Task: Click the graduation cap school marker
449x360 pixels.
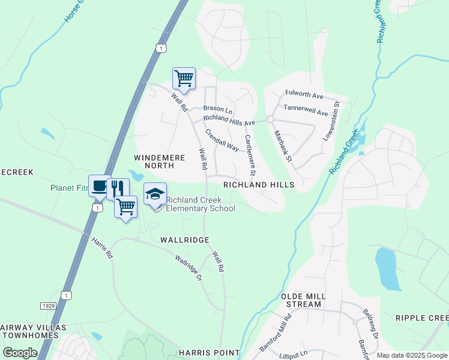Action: coord(155,194)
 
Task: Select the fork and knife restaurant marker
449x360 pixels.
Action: coord(118,188)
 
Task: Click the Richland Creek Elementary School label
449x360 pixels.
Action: coord(200,204)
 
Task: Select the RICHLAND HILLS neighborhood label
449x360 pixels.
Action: coord(259,185)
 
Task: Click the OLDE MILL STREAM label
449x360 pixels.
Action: coord(304,301)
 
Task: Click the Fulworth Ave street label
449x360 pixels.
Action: coord(304,95)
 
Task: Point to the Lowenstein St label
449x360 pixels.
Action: coord(331,121)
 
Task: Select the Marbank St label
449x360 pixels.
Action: coord(282,146)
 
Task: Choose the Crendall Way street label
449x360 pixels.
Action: coord(222,140)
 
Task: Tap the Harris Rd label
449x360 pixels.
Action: coord(102,247)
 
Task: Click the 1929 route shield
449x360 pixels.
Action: coord(49,306)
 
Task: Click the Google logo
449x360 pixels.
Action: coord(20,353)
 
